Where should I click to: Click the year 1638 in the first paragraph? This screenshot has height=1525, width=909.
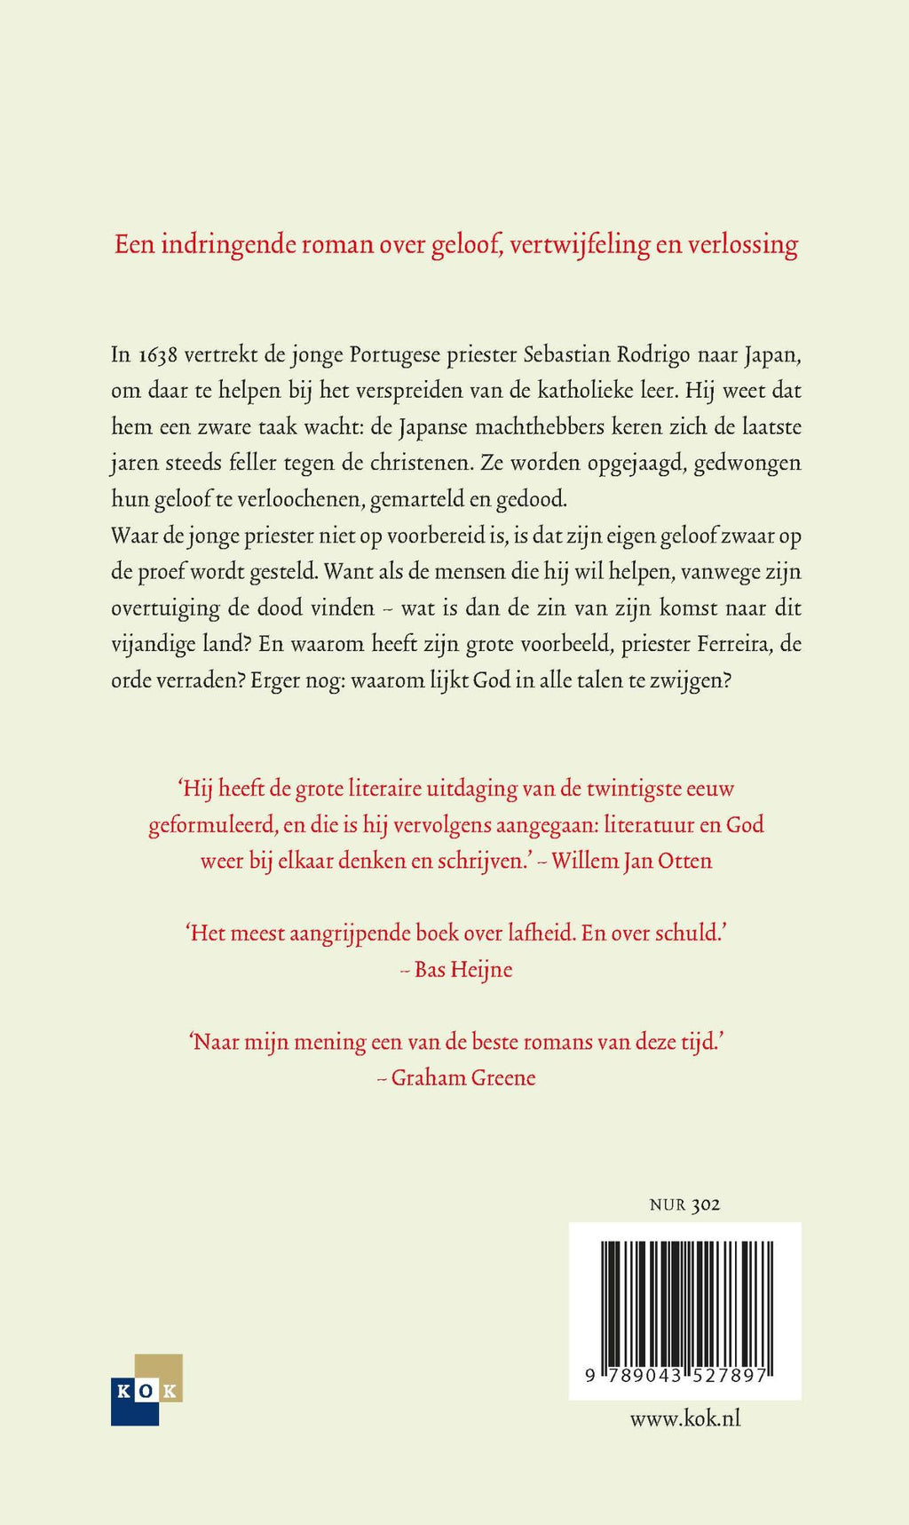click(157, 354)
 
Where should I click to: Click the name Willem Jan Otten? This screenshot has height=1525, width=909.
click(631, 861)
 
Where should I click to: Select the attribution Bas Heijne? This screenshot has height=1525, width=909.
click(462, 969)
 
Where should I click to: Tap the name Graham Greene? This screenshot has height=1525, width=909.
click(462, 1077)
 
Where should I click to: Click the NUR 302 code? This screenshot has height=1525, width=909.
click(684, 1204)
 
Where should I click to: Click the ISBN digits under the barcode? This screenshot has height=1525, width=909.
click(676, 1375)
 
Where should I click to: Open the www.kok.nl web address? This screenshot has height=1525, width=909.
click(684, 1418)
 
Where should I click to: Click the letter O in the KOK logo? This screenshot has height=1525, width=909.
click(146, 1391)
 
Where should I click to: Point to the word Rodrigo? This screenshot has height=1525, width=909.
click(652, 354)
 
